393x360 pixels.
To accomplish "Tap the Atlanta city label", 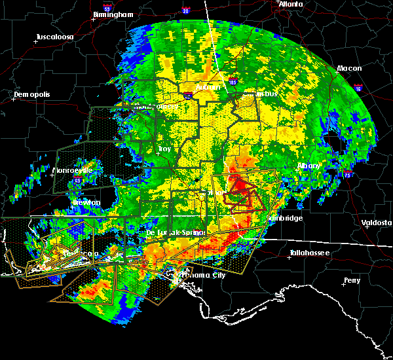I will coord(290,4).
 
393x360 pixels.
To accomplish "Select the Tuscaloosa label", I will coord(54,37).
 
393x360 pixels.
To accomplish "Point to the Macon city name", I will coord(349,68).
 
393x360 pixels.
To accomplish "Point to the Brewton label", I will coord(86,202).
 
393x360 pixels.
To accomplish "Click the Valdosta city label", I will coord(376,223).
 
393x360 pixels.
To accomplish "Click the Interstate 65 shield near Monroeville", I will coord(78,178).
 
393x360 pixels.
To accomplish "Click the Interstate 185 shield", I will coord(233,82).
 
